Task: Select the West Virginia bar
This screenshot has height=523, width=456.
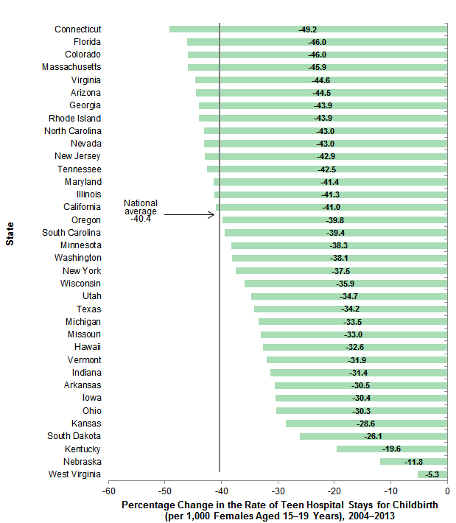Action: tap(432, 474)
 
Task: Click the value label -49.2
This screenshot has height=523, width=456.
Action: tap(308, 29)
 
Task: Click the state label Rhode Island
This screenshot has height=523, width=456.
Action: tap(74, 118)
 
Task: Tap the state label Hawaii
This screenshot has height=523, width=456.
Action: tap(88, 347)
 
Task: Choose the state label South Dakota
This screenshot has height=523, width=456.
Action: tap(74, 436)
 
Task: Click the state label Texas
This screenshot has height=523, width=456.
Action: tap(89, 309)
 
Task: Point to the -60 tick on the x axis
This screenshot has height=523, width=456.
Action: tap(109, 491)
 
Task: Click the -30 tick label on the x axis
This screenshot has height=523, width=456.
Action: tap(278, 491)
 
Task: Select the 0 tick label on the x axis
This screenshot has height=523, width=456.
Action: tap(447, 491)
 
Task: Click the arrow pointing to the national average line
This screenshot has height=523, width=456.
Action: tap(190, 214)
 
